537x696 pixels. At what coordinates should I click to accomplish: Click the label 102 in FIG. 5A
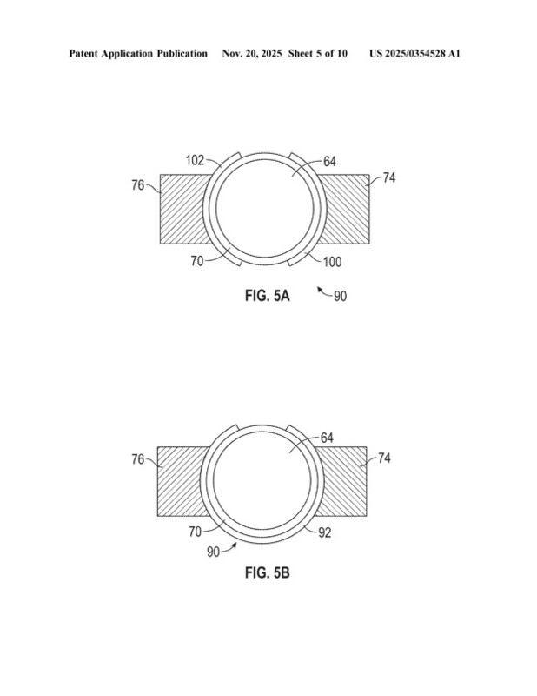195,160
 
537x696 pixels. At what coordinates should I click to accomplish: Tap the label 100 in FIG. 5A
332,262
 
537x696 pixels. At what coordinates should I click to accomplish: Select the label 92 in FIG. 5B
325,532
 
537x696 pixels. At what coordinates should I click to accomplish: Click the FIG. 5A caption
268,296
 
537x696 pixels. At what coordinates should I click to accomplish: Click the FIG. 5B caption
268,572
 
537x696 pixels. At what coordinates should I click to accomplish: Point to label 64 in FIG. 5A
329,162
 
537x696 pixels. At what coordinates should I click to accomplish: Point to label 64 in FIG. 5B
327,438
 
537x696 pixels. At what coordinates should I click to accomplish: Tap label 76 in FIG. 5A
138,185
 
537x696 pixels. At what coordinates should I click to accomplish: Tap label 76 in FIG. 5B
138,459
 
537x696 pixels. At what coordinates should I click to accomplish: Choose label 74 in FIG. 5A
389,178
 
